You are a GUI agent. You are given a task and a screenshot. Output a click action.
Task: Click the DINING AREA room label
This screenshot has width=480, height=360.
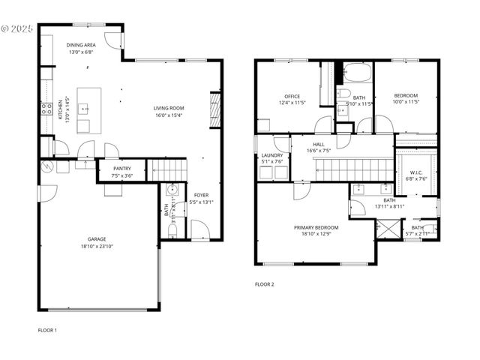[80, 45]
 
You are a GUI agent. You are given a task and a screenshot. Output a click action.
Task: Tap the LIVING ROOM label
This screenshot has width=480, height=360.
[169, 108]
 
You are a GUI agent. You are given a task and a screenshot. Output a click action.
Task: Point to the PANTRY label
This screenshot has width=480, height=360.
[122, 169]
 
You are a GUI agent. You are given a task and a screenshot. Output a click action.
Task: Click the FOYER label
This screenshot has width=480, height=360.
[201, 195]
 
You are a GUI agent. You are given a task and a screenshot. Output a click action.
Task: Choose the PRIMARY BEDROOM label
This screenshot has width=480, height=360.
[316, 227]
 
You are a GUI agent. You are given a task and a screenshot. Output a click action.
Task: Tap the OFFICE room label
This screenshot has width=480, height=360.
[292, 97]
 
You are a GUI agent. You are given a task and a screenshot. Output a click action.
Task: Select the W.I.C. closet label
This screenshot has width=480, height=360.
[417, 172]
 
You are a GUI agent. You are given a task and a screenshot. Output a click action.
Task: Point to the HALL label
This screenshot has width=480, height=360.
[319, 144]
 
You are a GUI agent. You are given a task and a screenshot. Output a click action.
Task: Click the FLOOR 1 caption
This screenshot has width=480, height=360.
[47, 330]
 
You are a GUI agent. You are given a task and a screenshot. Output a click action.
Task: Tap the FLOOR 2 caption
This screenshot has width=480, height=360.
[265, 284]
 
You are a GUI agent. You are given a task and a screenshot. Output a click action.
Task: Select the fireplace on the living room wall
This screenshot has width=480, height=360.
[214, 106]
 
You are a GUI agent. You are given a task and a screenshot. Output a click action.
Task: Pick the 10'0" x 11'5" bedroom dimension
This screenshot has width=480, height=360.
[406, 103]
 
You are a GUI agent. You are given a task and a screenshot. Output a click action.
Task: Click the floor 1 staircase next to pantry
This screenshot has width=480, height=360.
[166, 171]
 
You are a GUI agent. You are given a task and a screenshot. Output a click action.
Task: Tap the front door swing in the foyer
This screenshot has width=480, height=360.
[200, 230]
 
